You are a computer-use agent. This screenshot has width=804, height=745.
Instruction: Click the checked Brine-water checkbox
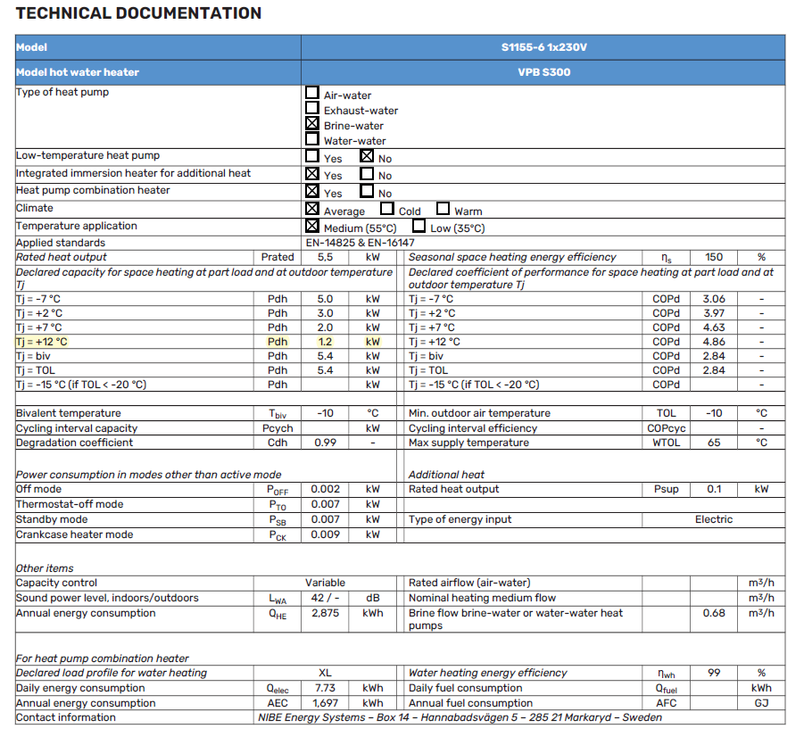(x=312, y=124)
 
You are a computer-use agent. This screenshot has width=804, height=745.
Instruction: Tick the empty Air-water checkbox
(x=312, y=92)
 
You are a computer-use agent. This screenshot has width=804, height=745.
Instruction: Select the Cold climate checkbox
(x=387, y=209)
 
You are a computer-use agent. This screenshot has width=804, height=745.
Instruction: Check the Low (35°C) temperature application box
(x=419, y=227)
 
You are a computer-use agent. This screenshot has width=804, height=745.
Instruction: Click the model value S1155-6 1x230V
(x=543, y=47)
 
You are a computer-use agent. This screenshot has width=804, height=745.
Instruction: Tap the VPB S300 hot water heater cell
(x=543, y=72)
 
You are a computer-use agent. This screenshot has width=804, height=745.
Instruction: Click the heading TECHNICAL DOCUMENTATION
(x=139, y=13)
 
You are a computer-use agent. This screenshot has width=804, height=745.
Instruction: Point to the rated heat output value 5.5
(x=325, y=257)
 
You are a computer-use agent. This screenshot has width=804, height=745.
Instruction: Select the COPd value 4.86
(x=714, y=342)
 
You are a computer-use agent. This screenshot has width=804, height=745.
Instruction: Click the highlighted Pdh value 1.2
(x=325, y=342)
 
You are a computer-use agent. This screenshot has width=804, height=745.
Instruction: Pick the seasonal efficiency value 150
(x=714, y=257)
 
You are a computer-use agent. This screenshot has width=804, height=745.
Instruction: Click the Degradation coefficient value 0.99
(x=325, y=443)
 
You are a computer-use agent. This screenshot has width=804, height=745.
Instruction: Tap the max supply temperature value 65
(x=714, y=443)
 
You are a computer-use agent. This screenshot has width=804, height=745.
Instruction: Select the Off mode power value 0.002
(x=325, y=490)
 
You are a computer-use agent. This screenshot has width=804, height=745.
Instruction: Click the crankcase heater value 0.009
(x=325, y=535)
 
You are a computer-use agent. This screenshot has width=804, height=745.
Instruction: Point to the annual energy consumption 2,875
(x=325, y=614)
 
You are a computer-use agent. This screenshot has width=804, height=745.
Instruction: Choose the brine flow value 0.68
(x=714, y=614)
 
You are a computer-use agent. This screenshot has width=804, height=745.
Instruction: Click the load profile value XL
(x=325, y=674)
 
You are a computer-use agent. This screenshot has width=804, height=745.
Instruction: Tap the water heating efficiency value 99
(x=714, y=674)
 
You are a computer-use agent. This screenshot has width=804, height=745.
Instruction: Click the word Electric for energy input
(x=714, y=519)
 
